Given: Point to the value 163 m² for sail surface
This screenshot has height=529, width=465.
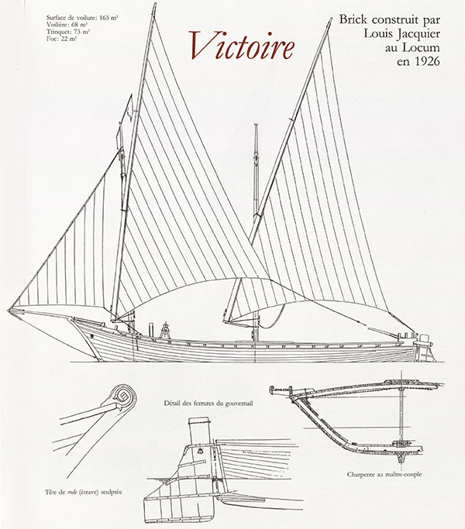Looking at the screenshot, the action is [108, 19].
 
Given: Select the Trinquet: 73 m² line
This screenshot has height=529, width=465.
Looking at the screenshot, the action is [68, 32].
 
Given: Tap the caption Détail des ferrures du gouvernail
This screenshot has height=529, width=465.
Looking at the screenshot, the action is [208, 403].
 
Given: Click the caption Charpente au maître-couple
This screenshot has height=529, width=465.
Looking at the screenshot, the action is [384, 474].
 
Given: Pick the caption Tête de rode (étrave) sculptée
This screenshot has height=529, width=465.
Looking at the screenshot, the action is [84, 492].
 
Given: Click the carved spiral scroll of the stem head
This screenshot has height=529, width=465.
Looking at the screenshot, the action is [122, 397].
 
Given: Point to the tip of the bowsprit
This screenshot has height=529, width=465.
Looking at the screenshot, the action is [9, 309].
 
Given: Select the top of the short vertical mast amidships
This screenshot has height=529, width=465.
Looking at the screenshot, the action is [256, 125].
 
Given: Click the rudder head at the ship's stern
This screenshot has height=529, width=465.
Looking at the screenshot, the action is [423, 339].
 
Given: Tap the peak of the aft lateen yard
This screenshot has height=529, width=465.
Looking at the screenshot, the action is [329, 21].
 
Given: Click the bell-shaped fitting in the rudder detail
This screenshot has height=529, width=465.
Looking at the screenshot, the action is [201, 451].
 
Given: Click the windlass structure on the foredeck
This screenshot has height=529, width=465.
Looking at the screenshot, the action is [165, 330].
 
